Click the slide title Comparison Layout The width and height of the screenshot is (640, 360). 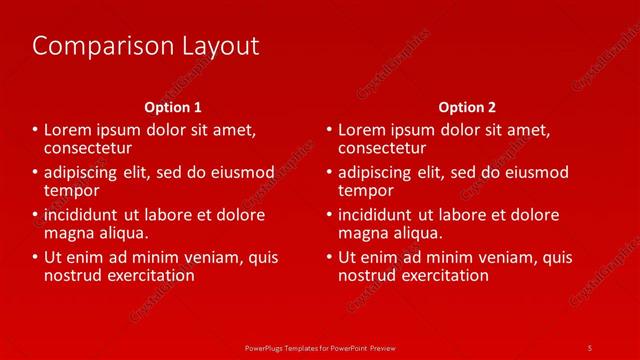click(146, 46)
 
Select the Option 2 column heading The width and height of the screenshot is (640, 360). click(467, 107)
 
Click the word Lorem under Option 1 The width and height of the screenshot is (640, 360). click(68, 130)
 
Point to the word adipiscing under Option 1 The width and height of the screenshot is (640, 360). click(83, 173)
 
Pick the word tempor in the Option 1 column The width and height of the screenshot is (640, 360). click(72, 190)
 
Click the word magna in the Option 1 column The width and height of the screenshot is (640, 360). click(70, 233)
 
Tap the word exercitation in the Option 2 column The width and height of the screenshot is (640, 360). click(445, 275)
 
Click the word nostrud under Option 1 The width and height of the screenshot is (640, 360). click(74, 275)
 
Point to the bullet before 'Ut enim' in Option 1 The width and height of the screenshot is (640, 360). click(36, 258)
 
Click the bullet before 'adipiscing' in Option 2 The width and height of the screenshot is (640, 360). click(330, 173)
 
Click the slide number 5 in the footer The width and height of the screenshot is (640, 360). click(590, 347)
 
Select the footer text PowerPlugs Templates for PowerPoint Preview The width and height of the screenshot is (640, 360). click(319, 347)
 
